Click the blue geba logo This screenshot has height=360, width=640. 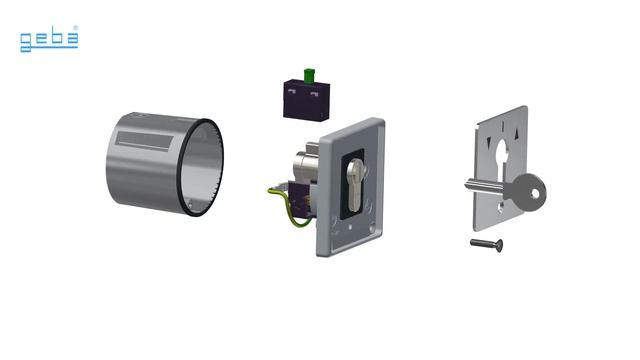tap(49, 39)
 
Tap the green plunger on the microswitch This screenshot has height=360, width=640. tap(309, 76)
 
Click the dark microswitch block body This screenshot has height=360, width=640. tap(307, 100)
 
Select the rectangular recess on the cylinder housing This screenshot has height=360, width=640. tap(144, 141)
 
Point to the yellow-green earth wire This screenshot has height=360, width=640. tap(287, 207)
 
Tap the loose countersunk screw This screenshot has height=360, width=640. tap(487, 244)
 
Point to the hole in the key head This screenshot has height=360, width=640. tap(535, 193)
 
